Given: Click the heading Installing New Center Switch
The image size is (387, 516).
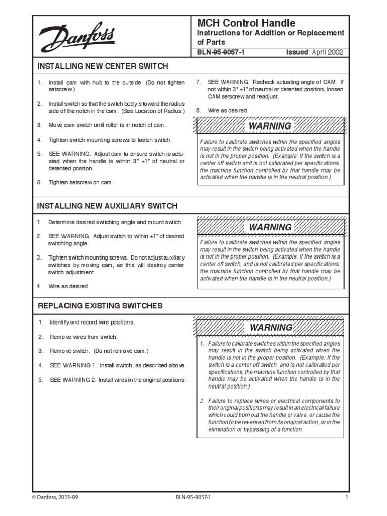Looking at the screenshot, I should pos(103,66).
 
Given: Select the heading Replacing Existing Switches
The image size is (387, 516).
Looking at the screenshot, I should pos(100,306).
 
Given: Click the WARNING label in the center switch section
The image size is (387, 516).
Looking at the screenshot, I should pos(271,126).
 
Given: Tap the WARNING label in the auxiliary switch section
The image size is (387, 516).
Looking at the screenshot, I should pos(271,227).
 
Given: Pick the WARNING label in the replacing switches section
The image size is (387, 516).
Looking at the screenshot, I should pos(271,328).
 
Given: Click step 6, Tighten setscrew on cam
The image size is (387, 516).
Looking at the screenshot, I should pos(81,182).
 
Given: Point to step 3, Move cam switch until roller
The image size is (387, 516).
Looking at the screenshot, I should pos(107,125).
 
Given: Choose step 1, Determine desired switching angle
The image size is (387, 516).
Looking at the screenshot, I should pos(115,222).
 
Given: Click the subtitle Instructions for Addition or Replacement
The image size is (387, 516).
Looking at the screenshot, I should pos(270,33).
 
